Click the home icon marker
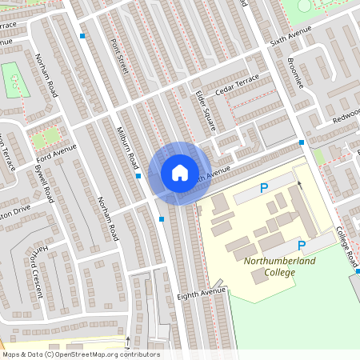[180, 172]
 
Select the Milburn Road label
[126, 146]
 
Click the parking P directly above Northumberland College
[302, 246]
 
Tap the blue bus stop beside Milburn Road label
[138, 175]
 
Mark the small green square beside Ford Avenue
[45, 136]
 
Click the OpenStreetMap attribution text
[80, 354]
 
